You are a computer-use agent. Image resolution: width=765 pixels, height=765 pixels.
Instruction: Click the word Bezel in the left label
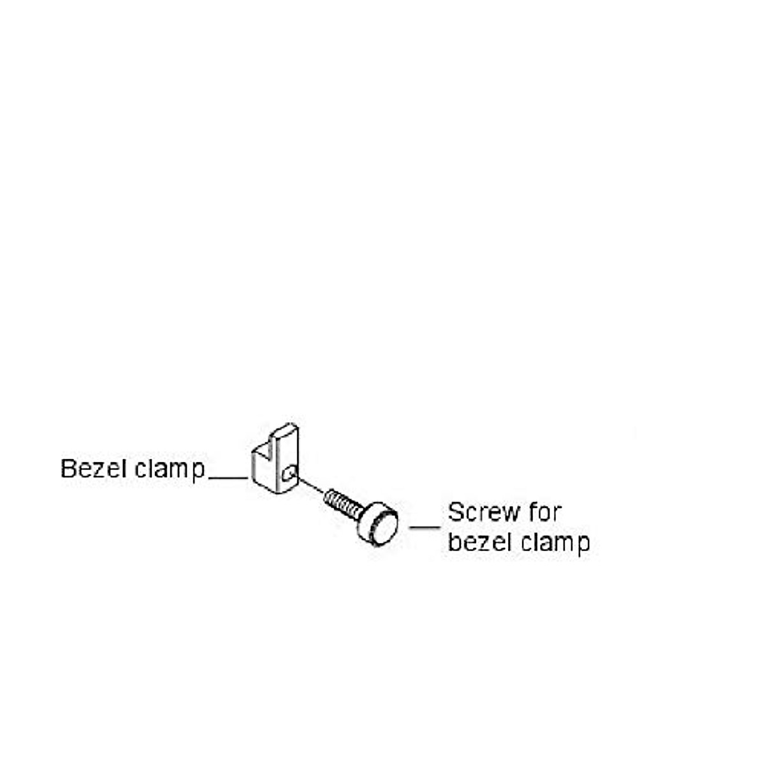click(x=94, y=469)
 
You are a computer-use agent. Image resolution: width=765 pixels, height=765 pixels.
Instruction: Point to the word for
click(x=544, y=512)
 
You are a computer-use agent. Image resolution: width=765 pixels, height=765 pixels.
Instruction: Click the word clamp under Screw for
click(x=555, y=543)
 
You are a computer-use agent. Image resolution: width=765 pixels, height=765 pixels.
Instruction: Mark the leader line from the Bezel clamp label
click(x=228, y=477)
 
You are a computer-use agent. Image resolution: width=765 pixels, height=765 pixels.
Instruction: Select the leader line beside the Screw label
click(x=425, y=527)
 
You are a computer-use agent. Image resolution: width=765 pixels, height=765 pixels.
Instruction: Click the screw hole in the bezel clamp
click(x=289, y=474)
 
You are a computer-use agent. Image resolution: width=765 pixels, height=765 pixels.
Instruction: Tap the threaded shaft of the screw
click(x=341, y=502)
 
